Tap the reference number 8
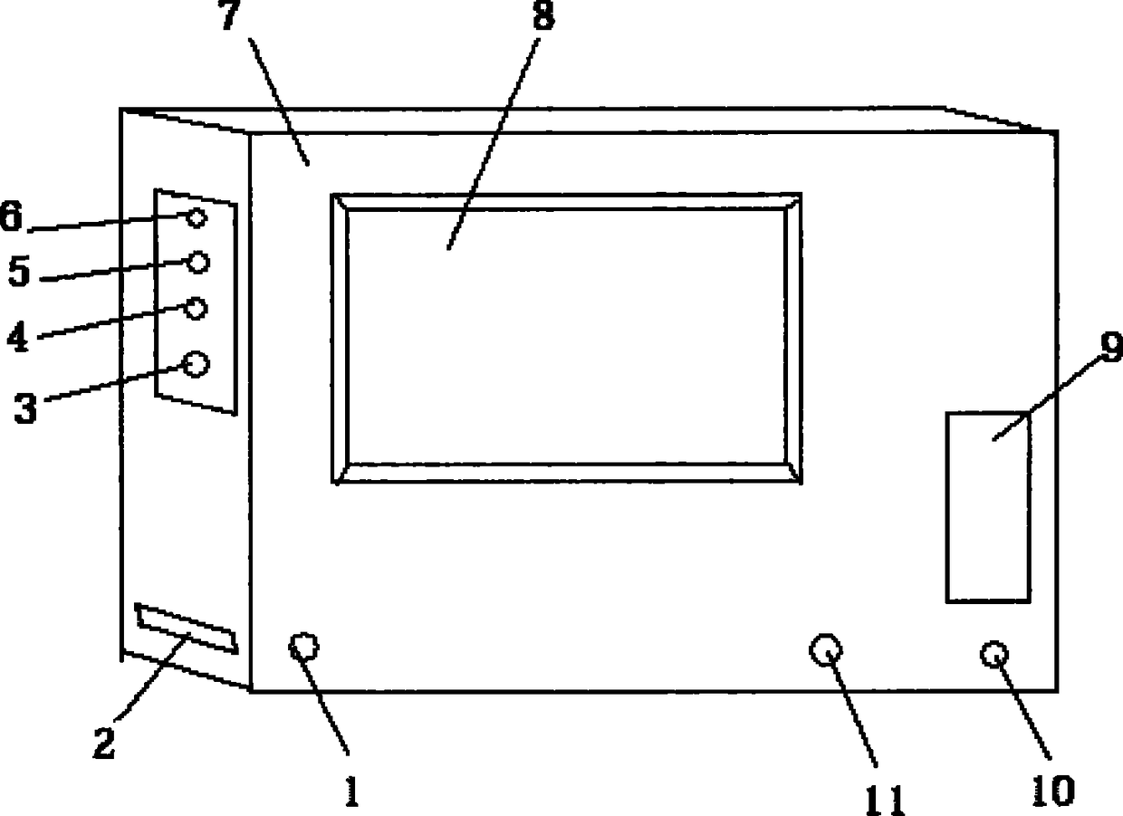point(544,15)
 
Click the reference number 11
point(886,801)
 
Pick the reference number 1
point(352,791)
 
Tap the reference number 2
point(104,744)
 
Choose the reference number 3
point(25,408)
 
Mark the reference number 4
point(18,336)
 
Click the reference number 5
point(19,271)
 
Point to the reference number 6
point(11,216)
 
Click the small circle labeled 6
point(197,218)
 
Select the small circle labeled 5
point(198,263)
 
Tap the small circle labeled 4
point(196,309)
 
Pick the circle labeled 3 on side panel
point(195,364)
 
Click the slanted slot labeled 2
point(186,629)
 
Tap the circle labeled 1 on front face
point(303,647)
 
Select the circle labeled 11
point(826,650)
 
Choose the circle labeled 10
point(994,654)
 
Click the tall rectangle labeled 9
point(988,507)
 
